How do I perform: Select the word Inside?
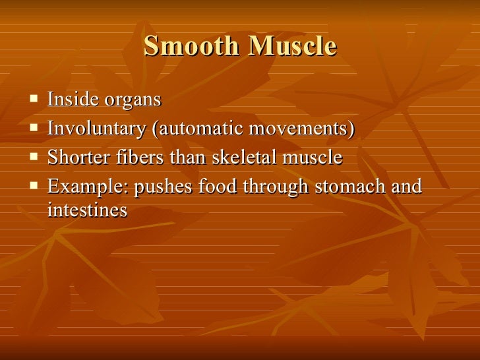coord(71,100)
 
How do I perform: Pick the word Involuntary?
coord(96,129)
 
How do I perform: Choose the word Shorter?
coord(76,158)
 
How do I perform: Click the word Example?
coord(88,187)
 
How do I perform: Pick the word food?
coord(218,187)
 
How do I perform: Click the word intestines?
coord(87,211)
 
